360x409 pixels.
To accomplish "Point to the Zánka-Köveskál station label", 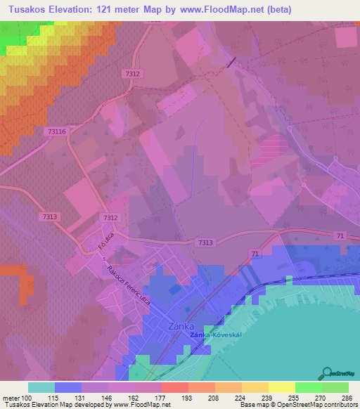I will [x=216, y=335].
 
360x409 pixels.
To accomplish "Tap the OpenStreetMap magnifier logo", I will [x=327, y=373].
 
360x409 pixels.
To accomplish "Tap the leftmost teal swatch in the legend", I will [x=41, y=387].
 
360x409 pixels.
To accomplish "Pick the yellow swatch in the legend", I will [x=281, y=387].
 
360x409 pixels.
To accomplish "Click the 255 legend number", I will [x=294, y=398].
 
